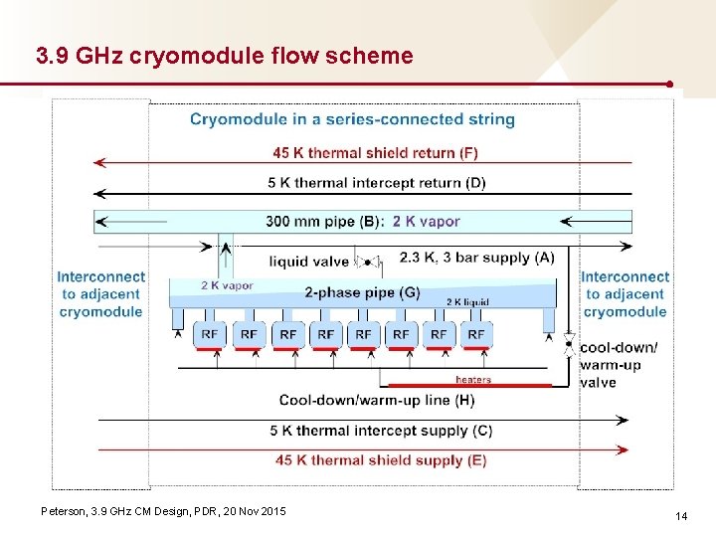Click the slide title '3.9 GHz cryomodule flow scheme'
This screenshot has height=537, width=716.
pyautogui.click(x=224, y=56)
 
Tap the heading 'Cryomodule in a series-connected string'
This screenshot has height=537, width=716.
pyautogui.click(x=352, y=119)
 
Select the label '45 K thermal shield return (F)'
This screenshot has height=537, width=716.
pyautogui.click(x=375, y=153)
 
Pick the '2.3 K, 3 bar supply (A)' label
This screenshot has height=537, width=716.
pyautogui.click(x=476, y=258)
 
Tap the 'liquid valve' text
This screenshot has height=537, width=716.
pyautogui.click(x=309, y=263)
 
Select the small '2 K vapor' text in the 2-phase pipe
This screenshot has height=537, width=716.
pyautogui.click(x=227, y=285)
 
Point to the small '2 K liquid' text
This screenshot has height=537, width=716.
pyautogui.click(x=467, y=301)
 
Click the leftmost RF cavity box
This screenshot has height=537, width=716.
pyautogui.click(x=211, y=335)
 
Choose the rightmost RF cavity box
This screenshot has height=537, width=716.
pyautogui.click(x=476, y=335)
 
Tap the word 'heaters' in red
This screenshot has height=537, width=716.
pyautogui.click(x=473, y=379)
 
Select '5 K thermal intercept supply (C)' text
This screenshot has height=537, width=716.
pyautogui.click(x=381, y=431)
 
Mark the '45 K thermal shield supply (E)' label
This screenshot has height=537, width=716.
pyautogui.click(x=382, y=459)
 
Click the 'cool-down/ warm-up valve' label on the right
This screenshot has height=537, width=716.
pyautogui.click(x=618, y=365)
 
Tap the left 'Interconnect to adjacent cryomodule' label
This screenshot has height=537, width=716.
pyautogui.click(x=101, y=293)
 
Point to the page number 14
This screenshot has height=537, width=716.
pyautogui.click(x=681, y=516)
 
